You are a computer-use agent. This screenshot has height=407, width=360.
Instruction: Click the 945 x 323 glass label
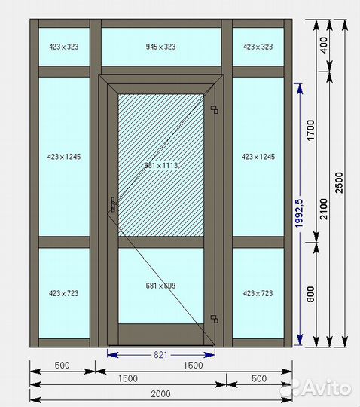pyautogui.click(x=160, y=47)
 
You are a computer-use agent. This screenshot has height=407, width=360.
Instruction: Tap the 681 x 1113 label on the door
pyautogui.click(x=161, y=165)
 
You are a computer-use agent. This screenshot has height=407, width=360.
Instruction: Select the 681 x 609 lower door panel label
pyautogui.click(x=160, y=286)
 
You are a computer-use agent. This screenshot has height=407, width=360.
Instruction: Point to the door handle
pyautogui.click(x=113, y=204)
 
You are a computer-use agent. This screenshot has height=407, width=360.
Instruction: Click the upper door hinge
pyautogui.click(x=215, y=109)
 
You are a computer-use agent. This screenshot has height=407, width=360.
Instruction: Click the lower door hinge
pyautogui.click(x=215, y=319)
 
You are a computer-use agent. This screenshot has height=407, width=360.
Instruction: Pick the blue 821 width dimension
pyautogui.click(x=160, y=355)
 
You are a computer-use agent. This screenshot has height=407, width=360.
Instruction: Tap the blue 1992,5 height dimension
pyautogui.click(x=299, y=213)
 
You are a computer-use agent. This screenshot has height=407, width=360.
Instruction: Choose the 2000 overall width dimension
pyautogui.click(x=160, y=394)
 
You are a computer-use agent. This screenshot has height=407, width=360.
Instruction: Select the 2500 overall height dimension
pyautogui.click(x=339, y=182)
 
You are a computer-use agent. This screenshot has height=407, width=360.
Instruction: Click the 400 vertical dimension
pyautogui.click(x=324, y=45)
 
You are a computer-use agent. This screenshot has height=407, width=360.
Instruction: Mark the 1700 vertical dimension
pyautogui.click(x=310, y=130)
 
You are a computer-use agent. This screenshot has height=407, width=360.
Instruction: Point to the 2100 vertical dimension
pyautogui.click(x=324, y=210)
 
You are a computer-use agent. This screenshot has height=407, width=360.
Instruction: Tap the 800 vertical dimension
pyautogui.click(x=310, y=295)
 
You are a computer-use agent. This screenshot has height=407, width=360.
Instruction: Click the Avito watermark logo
pyautogui.click(x=319, y=387)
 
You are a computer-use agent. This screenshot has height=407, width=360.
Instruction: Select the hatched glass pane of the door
pyautogui.click(x=161, y=165)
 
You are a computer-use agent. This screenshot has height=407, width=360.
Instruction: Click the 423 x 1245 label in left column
pyautogui.click(x=64, y=157)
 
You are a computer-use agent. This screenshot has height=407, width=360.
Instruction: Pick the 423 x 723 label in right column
pyautogui.click(x=258, y=294)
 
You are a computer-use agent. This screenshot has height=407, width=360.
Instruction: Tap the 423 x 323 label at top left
pyautogui.click(x=64, y=47)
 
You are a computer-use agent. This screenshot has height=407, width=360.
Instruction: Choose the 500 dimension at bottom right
pyautogui.click(x=259, y=378)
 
